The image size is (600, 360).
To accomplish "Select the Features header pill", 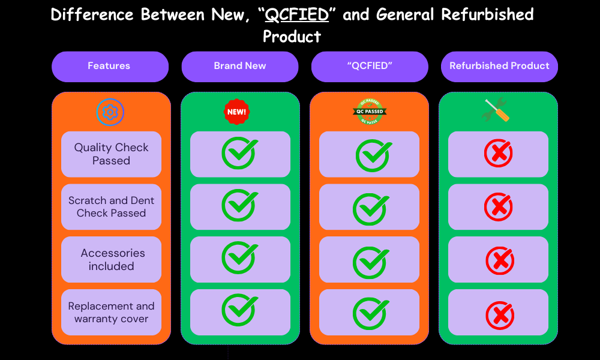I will pyautogui.click(x=109, y=66).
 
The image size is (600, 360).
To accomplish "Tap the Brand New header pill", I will pyautogui.click(x=239, y=66).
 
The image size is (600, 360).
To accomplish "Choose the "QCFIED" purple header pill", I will pyautogui.click(x=369, y=66).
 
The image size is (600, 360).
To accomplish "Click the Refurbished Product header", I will pyautogui.click(x=499, y=66).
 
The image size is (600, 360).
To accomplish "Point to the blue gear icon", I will pyautogui.click(x=110, y=112).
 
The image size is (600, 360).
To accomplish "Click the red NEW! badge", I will pyautogui.click(x=236, y=112).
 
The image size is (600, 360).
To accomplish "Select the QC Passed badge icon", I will pyautogui.click(x=369, y=112).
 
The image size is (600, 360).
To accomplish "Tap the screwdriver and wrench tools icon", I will pyautogui.click(x=497, y=111).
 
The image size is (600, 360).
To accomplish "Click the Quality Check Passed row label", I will pyautogui.click(x=111, y=154).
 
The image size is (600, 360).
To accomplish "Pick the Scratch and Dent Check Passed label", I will pyautogui.click(x=111, y=207).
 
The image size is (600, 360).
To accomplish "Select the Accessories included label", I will pyautogui.click(x=111, y=260).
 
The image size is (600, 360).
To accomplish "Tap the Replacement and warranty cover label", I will pyautogui.click(x=111, y=313).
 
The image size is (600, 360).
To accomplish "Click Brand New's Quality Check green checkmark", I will pyautogui.click(x=239, y=153).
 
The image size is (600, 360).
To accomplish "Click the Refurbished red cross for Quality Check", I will pyautogui.click(x=498, y=154).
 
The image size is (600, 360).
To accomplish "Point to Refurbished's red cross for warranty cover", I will pyautogui.click(x=499, y=314).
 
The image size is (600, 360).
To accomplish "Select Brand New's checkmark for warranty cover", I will pyautogui.click(x=239, y=310).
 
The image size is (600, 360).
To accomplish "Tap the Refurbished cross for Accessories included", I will pyautogui.click(x=499, y=260).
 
